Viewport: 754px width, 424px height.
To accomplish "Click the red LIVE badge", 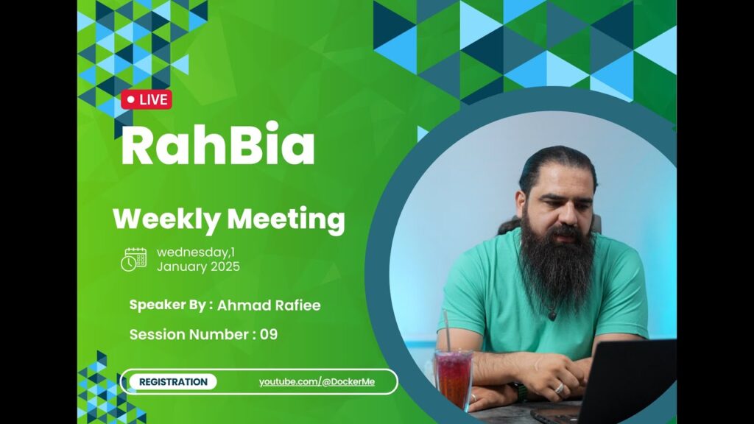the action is pos(147,99).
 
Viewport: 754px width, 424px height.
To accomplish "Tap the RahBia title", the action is pos(218,144).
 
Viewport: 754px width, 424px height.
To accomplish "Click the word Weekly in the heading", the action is pos(166,219).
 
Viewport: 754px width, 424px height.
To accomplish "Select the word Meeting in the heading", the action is pos(286,219).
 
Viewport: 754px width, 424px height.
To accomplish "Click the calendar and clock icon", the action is pos(134,260).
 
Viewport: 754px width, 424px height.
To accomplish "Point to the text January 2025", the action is pos(198,266).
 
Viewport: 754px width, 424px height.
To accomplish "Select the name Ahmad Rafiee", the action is pos(269,305).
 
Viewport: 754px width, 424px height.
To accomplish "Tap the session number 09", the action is pos(269,335).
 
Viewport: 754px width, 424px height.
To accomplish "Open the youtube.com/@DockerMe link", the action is pos(317,382).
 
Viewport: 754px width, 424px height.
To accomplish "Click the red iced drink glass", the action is pos(454,379).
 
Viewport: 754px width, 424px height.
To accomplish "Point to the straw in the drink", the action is pos(447,331).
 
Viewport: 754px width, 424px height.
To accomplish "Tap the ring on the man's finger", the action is pos(560,387).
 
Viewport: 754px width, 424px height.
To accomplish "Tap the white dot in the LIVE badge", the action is pos(131,99).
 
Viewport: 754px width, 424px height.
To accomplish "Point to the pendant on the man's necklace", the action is pos(552,316).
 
